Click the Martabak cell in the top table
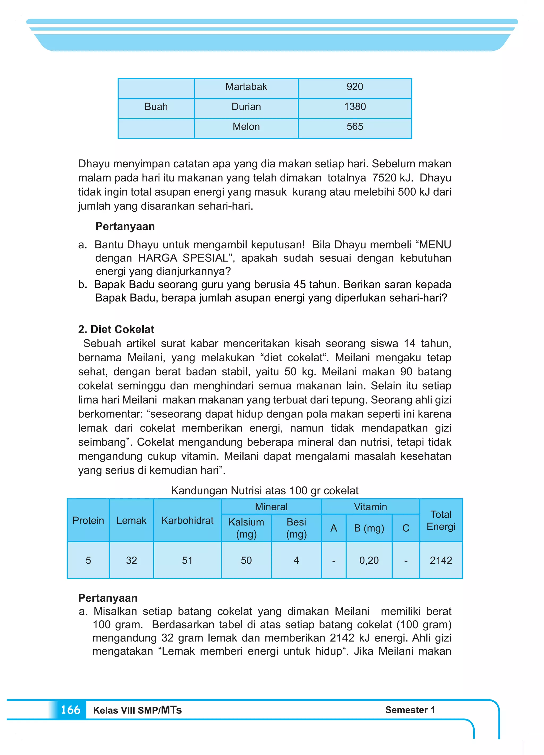click(246, 87)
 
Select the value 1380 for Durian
click(355, 107)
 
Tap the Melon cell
click(246, 127)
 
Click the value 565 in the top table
click(355, 127)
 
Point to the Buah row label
click(156, 107)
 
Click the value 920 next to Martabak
click(355, 87)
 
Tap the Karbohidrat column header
click(188, 520)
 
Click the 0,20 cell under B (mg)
click(369, 560)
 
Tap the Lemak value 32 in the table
click(131, 560)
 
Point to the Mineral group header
click(271, 507)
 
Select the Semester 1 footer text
click(410, 710)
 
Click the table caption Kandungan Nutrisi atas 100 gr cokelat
click(265, 491)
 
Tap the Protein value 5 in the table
click(88, 560)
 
